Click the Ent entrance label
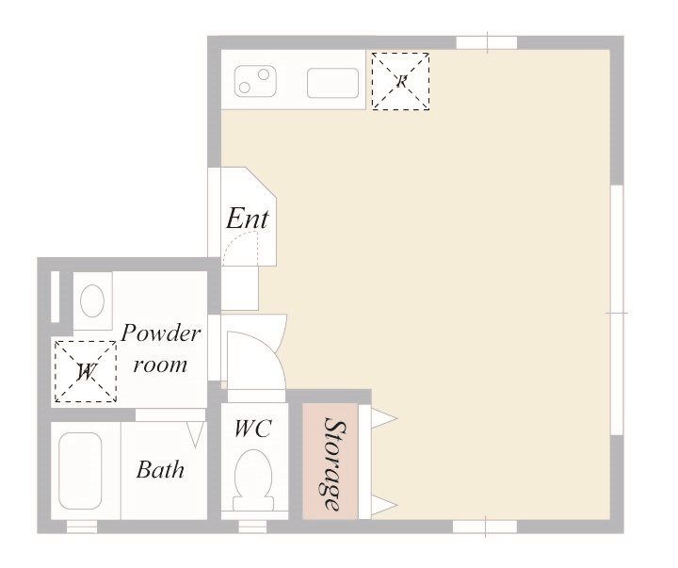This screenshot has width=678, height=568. point(248,218)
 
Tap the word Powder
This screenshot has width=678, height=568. point(161,333)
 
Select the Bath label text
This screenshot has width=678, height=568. point(160,470)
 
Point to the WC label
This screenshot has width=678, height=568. point(253,429)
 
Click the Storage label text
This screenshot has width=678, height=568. point(334,463)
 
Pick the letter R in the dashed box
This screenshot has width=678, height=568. point(402,81)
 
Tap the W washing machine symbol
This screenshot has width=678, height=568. point(86,371)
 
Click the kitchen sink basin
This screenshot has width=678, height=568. point(333,83)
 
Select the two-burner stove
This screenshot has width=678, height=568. point(255,81)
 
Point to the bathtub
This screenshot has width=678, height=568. point(80,471)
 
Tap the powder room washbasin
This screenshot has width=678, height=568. point(92,300)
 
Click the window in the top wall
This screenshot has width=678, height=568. point(487,42)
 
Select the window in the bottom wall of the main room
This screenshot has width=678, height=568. point(485,527)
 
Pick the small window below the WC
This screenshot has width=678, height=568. point(252,527)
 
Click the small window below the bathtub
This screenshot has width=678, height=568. point(82,527)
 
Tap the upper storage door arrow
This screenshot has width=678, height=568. point(384,419)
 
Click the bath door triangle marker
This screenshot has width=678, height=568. point(196,435)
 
